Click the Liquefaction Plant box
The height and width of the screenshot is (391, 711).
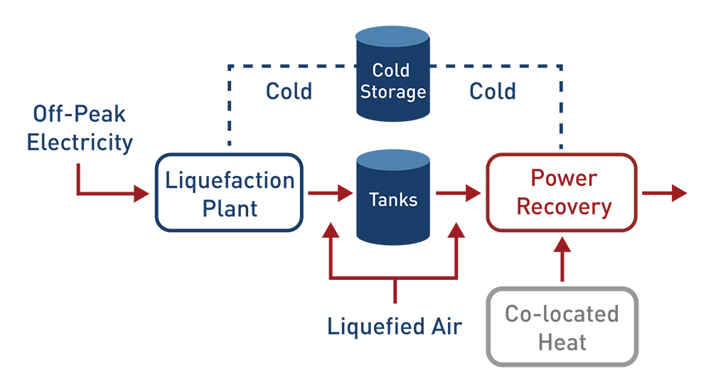pos(229,192)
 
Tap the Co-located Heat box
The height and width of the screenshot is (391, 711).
pos(562,327)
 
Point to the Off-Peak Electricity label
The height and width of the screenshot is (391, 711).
pos(80,128)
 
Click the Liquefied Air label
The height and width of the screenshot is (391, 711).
pos(395,326)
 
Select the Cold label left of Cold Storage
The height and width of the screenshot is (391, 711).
pos(289,91)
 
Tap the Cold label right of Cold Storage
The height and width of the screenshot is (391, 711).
pos(493,91)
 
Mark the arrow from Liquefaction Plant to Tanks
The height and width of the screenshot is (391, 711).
pos(330,192)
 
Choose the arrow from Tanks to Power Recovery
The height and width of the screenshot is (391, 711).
pos(458,192)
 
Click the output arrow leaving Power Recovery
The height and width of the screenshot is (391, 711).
pos(665,192)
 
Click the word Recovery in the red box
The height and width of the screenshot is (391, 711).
pos(564,207)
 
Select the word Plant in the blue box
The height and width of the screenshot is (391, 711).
pos(230,208)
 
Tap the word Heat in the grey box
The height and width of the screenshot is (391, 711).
pos(562,342)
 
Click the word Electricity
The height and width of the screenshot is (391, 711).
pos(80,142)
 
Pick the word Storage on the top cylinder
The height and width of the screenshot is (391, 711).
pos(392,93)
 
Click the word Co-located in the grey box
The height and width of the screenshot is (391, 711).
pos(562,314)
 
